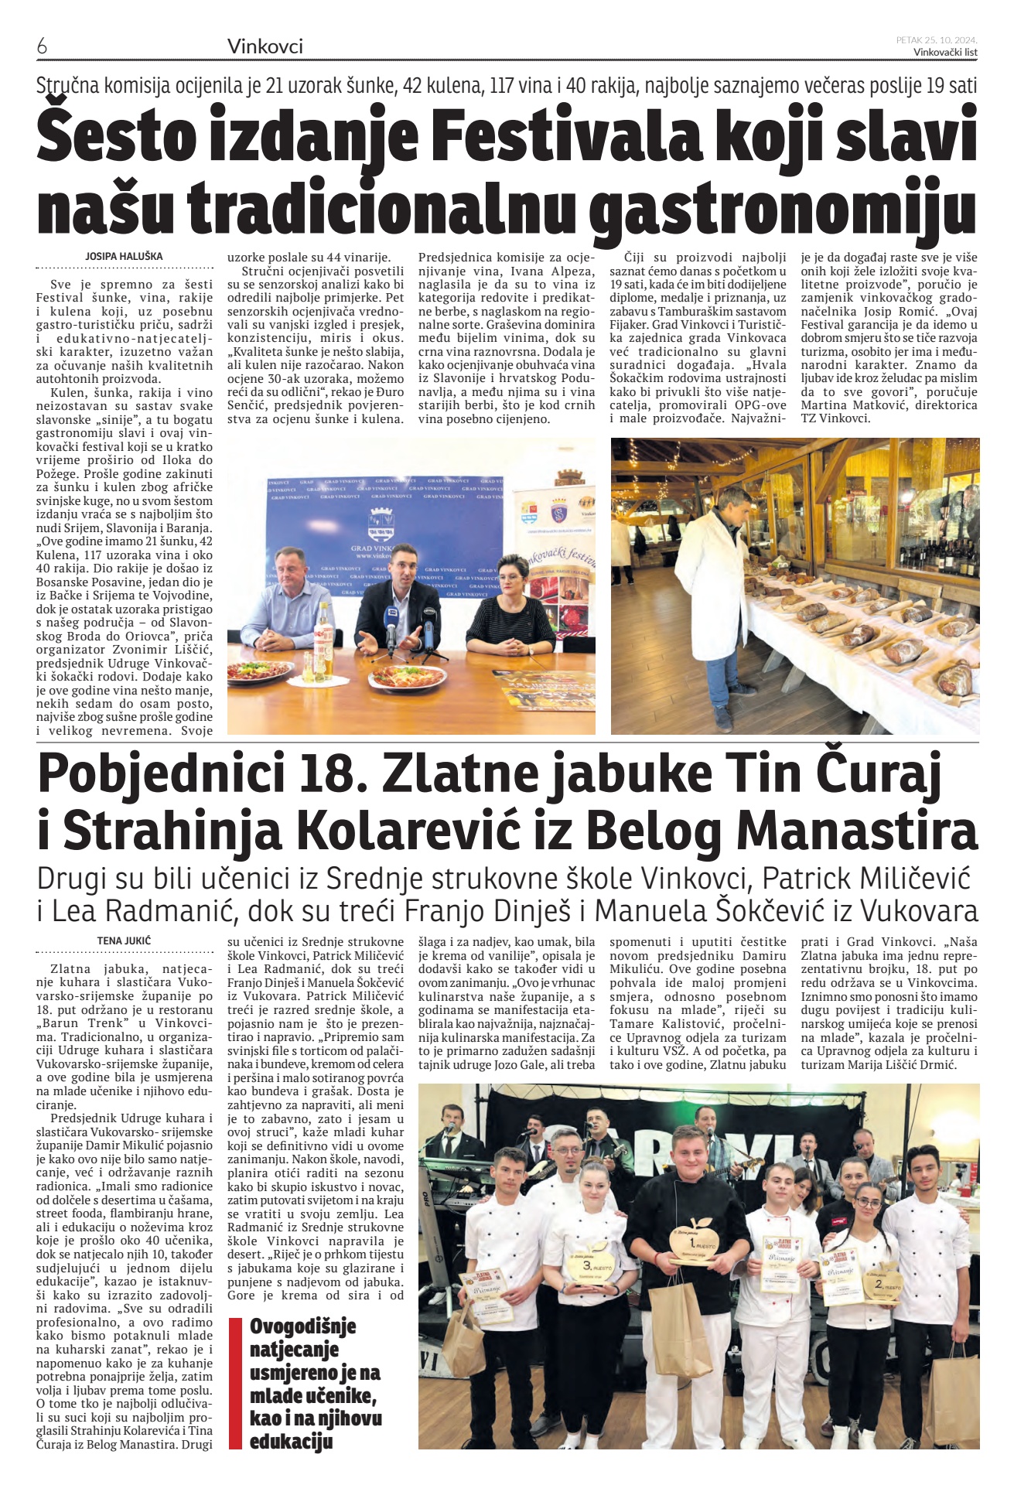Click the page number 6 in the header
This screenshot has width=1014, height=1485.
coord(43,47)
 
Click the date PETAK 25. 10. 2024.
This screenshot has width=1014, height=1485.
coord(937,39)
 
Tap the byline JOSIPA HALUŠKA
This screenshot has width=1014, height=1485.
coord(124,256)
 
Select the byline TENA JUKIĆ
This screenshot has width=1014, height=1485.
coord(124,940)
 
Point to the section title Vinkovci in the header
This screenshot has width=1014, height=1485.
coord(265,47)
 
